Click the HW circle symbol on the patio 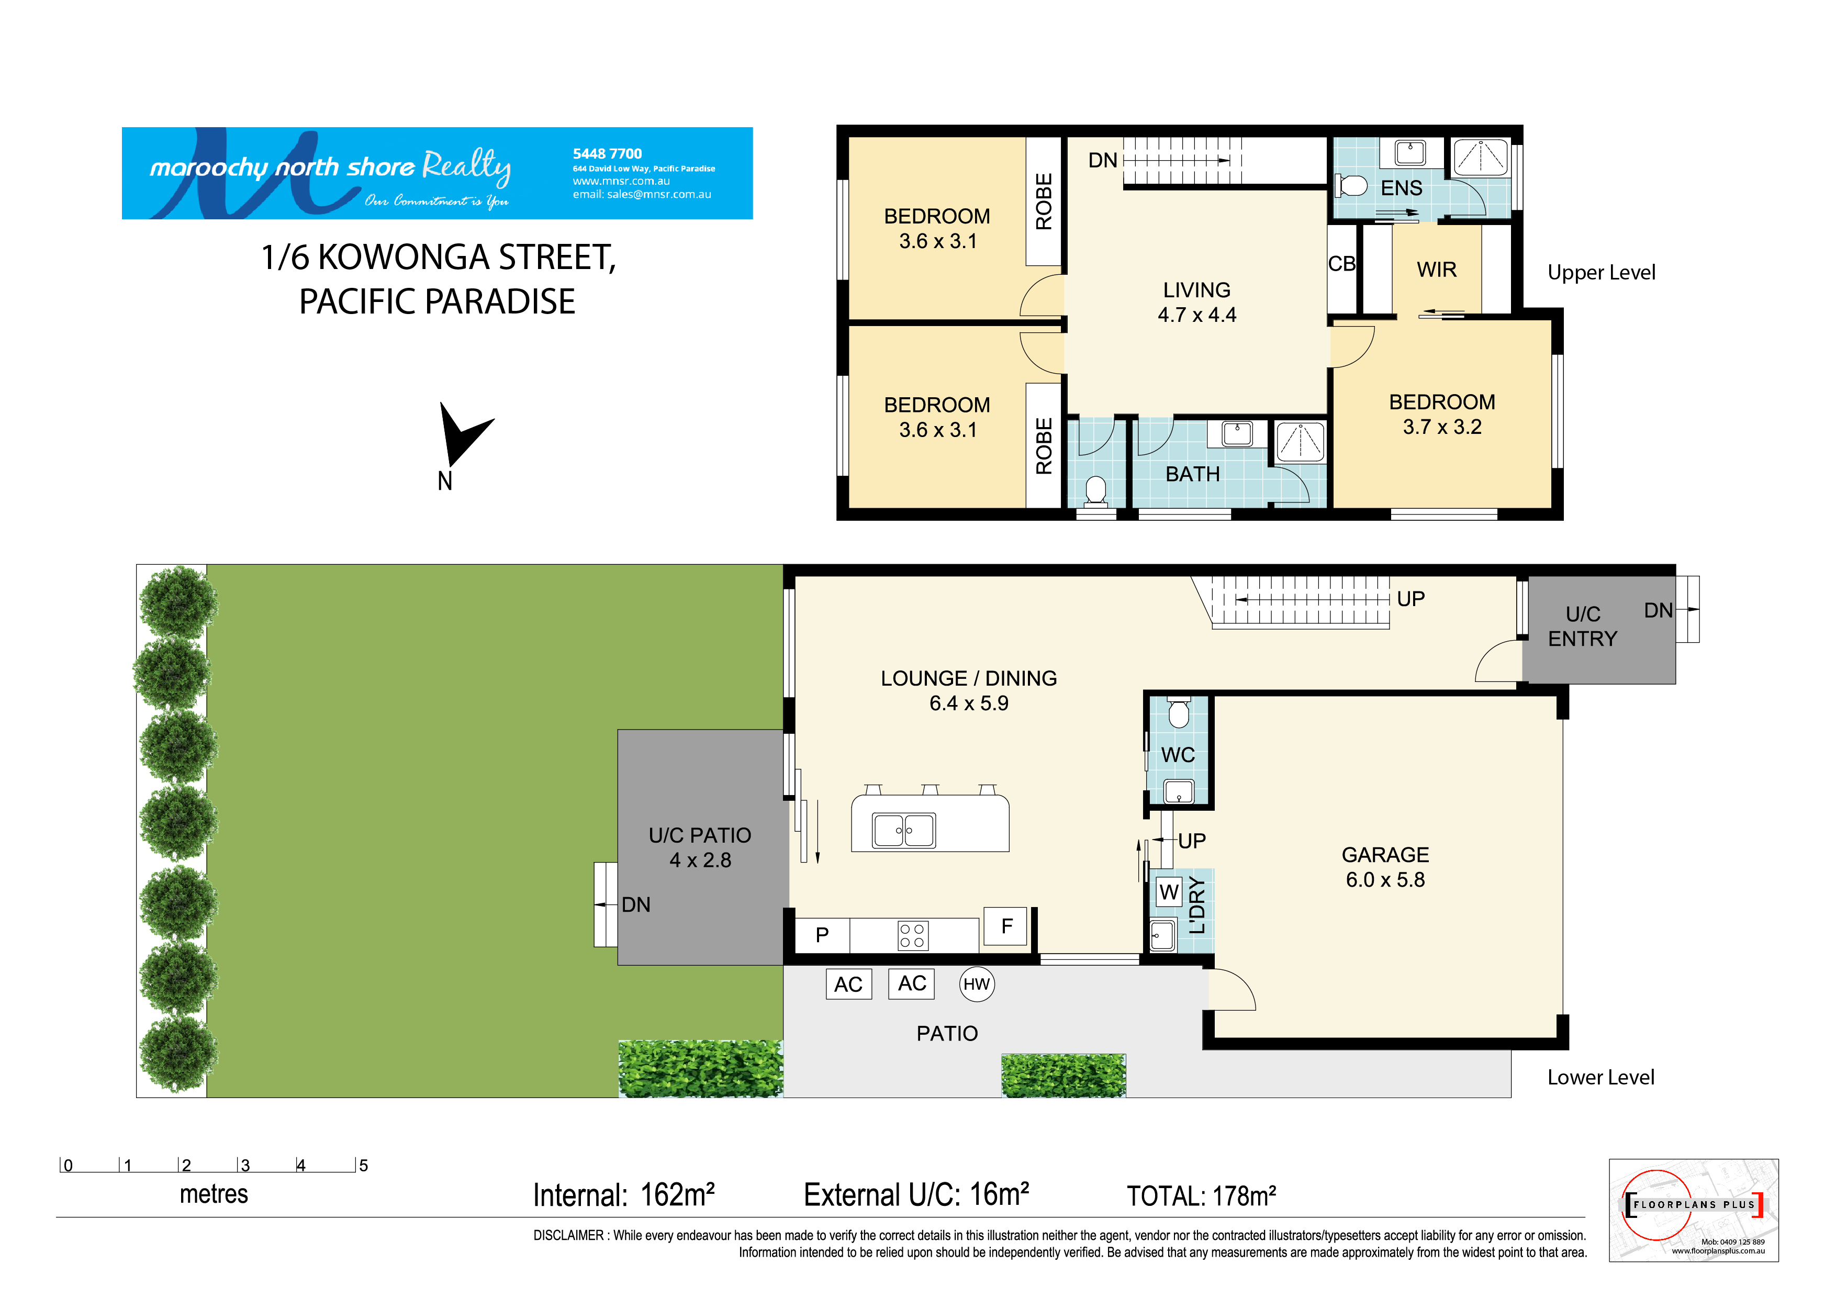point(977,984)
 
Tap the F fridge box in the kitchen point(1006,926)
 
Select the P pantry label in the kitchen point(822,935)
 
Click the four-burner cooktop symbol point(912,936)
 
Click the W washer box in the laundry point(1169,892)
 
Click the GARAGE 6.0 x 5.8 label point(1385,867)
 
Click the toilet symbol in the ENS point(1351,186)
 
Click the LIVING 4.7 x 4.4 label point(1196,303)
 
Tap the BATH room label point(1192,474)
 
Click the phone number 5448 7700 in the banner point(607,153)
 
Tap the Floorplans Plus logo point(1693,1210)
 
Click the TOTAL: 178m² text point(1201,1196)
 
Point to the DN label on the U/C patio point(636,904)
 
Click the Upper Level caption point(1601,273)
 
